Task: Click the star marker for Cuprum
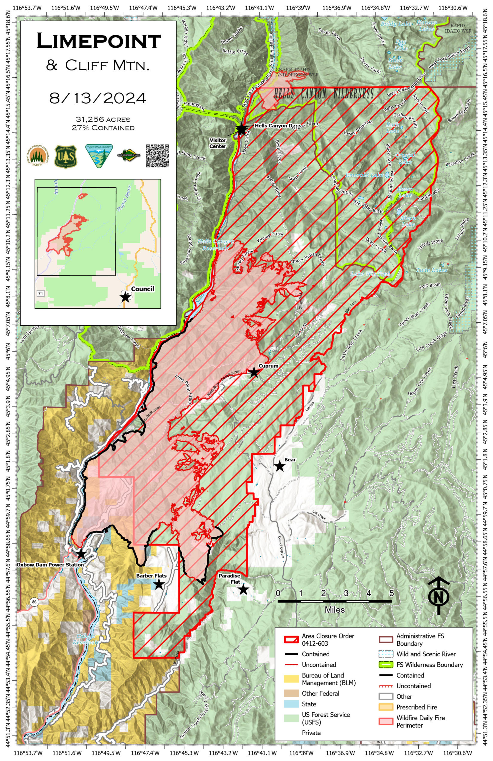(254, 372)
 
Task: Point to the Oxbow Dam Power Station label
(50, 565)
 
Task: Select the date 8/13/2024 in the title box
(98, 98)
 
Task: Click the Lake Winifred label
(370, 274)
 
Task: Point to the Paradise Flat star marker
(243, 589)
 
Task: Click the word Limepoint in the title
(99, 41)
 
